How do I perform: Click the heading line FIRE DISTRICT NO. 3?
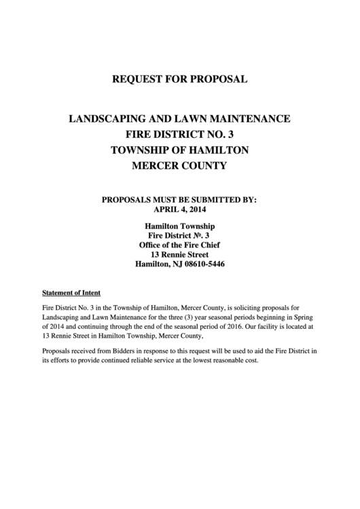click(180, 134)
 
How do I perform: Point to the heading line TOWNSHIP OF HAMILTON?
click(180, 150)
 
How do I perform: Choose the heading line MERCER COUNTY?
click(180, 165)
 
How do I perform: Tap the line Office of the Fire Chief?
click(180, 244)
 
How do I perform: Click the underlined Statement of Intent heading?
click(71, 293)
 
